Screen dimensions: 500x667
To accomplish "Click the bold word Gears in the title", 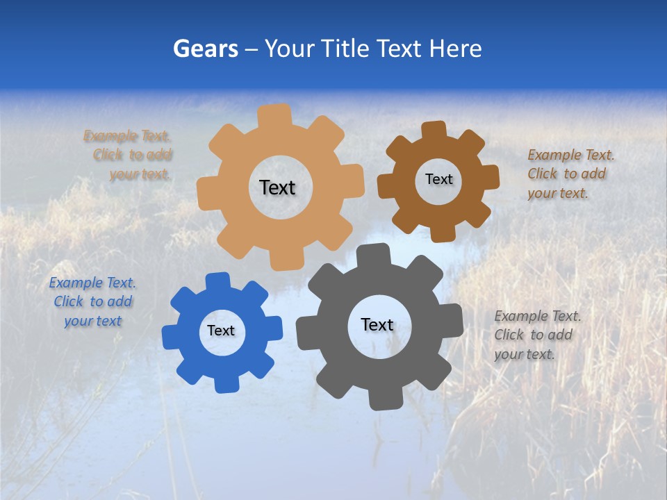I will point(205,49).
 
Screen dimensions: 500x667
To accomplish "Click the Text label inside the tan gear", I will point(277,187).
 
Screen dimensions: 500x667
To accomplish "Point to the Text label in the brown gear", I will point(438,179).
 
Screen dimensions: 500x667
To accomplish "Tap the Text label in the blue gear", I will point(221,331).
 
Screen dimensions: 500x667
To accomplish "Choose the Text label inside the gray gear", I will point(377,324).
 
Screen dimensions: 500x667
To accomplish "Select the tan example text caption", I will point(129,155).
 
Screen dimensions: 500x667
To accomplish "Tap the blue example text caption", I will point(92,301).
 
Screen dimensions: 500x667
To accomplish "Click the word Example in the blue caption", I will point(74,283).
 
